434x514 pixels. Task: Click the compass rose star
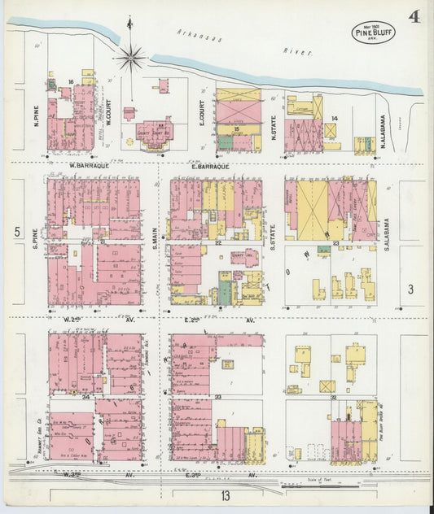pyautogui.click(x=130, y=58)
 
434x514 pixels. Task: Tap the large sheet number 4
pyautogui.click(x=415, y=17)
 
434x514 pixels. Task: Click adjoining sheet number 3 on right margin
pyautogui.click(x=411, y=289)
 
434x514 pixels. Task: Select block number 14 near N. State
pyautogui.click(x=334, y=119)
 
